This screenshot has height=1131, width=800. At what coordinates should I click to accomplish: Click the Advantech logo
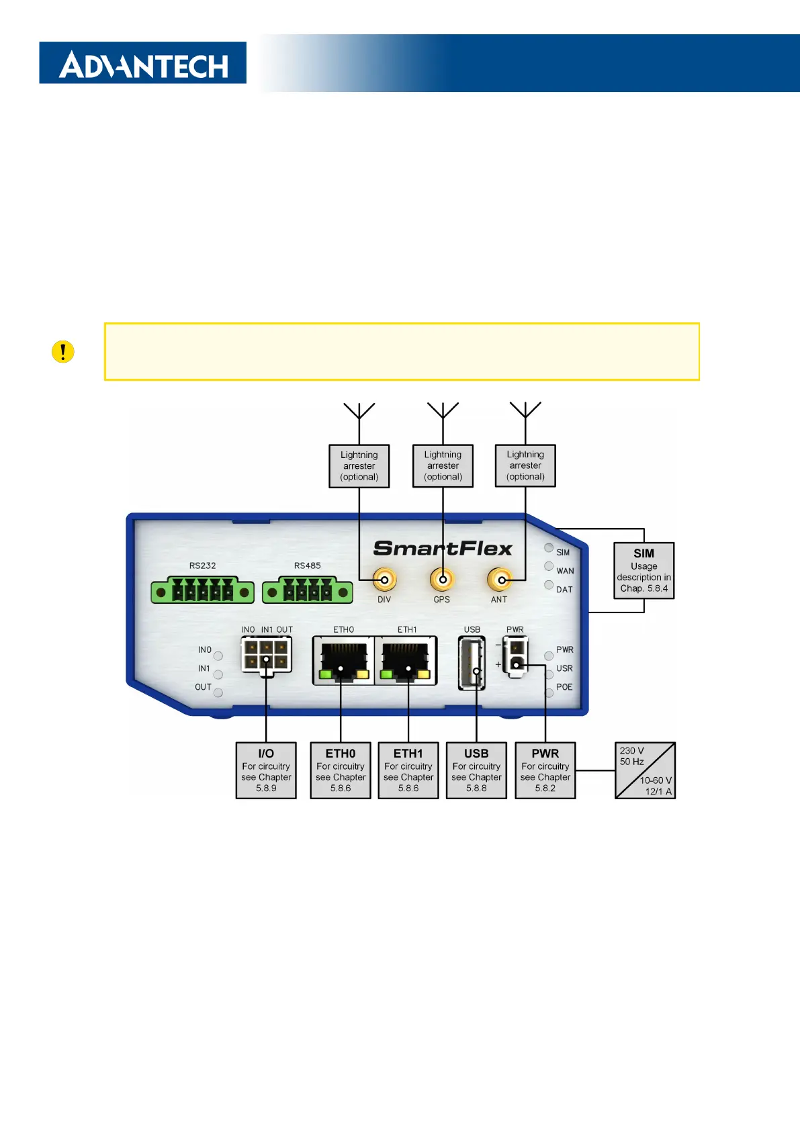coord(142,63)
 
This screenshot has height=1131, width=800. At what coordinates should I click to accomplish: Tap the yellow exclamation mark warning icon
coord(63,352)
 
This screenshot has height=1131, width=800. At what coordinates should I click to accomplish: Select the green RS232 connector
coord(202,591)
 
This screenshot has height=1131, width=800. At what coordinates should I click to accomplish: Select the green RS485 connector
coord(308,591)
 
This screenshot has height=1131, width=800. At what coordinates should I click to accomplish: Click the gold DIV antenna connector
coord(385,579)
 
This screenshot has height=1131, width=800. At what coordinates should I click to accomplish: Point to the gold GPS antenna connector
coord(442,579)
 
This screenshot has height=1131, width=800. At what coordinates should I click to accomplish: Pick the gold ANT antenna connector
coord(499,579)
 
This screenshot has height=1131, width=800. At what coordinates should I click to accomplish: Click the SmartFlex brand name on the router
coord(443,549)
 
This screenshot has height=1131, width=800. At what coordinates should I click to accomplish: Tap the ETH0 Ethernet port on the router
coord(343,662)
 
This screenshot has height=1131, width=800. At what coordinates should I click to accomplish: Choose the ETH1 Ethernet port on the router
coord(406,662)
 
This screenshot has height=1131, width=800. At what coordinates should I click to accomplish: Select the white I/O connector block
coord(266,655)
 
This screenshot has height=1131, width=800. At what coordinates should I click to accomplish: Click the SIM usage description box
coord(643,571)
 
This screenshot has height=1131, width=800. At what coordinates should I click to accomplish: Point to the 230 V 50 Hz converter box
coord(645,770)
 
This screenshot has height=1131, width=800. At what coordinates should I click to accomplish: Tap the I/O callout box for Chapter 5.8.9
coord(266,770)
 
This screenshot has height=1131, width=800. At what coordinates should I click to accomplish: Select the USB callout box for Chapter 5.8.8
coord(476,770)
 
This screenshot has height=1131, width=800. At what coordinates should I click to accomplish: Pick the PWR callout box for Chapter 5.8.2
coord(545,770)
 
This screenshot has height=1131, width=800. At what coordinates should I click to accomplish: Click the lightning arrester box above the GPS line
coord(443,465)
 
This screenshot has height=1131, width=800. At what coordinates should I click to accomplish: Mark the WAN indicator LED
coord(549,566)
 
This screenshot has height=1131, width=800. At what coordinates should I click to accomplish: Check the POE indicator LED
coord(549,692)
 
